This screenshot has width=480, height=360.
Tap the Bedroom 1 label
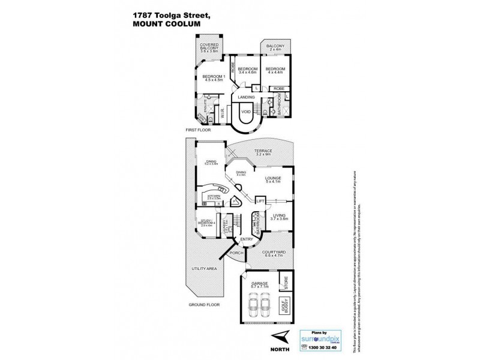[x=212, y=77]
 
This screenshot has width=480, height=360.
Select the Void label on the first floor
[x=246, y=112]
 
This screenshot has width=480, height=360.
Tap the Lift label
[x=260, y=202]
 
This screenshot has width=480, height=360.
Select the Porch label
[x=235, y=253]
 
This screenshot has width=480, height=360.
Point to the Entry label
[x=247, y=240]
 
